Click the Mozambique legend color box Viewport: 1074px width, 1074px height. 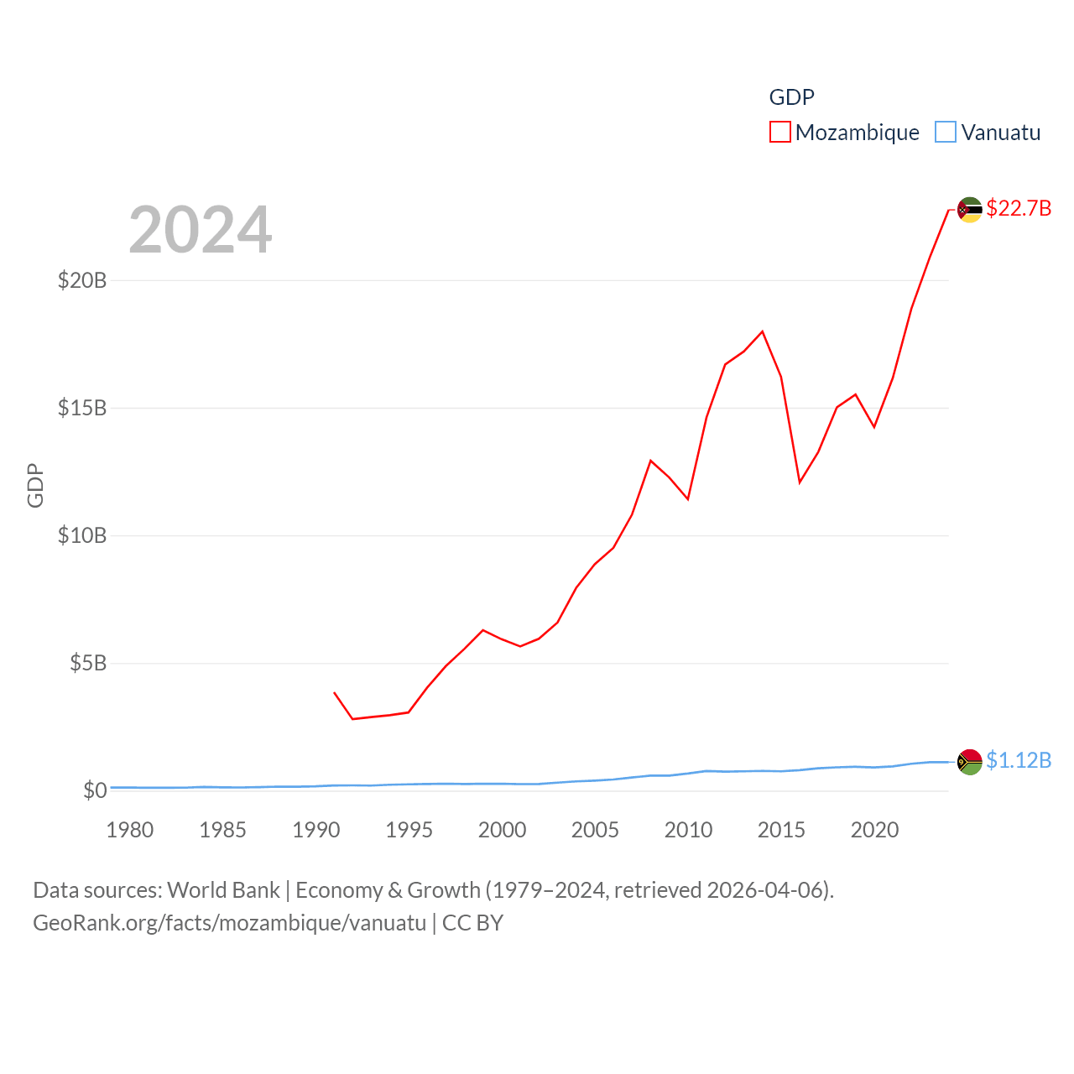[779, 133]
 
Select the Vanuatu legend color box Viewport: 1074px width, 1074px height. [946, 133]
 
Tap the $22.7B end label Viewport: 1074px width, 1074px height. [1019, 208]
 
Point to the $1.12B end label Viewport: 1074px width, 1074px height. [1019, 760]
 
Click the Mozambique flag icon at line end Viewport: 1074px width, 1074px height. [970, 210]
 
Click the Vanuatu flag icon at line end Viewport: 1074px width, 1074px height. [970, 762]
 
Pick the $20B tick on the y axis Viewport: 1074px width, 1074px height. [82, 280]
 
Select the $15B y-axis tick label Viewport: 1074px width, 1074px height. [82, 408]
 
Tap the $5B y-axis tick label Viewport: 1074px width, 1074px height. [88, 663]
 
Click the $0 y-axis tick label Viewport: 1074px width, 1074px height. [95, 790]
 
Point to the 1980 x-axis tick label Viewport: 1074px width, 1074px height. [130, 830]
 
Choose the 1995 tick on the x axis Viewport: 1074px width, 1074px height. [409, 830]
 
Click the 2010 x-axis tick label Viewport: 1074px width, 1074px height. [688, 830]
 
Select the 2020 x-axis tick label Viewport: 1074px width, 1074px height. [874, 830]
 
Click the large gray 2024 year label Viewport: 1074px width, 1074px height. [201, 229]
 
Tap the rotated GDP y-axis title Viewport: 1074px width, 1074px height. [35, 485]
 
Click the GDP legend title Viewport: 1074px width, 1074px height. [791, 97]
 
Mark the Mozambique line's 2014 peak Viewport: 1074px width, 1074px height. [762, 331]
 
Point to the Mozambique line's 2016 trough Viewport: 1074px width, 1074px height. [800, 482]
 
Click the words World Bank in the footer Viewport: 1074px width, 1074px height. [223, 890]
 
